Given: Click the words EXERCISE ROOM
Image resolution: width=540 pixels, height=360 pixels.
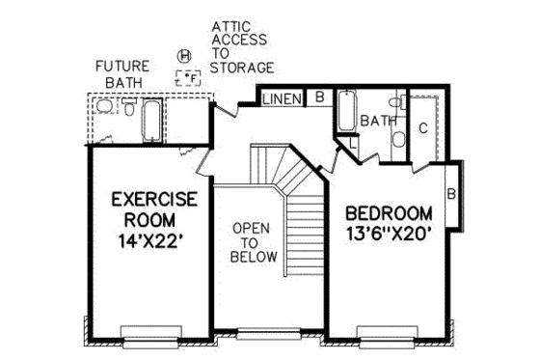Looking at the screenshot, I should pos(153,210).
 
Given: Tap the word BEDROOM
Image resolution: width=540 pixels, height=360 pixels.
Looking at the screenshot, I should pos(389,212).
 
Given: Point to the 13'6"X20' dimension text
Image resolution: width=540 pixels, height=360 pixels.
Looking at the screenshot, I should pos(389,233).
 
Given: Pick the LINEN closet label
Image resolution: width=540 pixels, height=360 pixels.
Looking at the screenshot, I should pos(282,97).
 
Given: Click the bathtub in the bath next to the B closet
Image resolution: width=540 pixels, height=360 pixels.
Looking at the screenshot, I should pos(346,111).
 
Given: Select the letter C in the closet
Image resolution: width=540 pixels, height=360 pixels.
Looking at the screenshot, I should pos(422,126).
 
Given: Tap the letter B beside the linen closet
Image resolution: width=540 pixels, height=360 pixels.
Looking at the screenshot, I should pos(318,97).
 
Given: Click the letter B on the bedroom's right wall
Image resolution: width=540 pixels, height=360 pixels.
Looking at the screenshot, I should pos(450,193).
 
